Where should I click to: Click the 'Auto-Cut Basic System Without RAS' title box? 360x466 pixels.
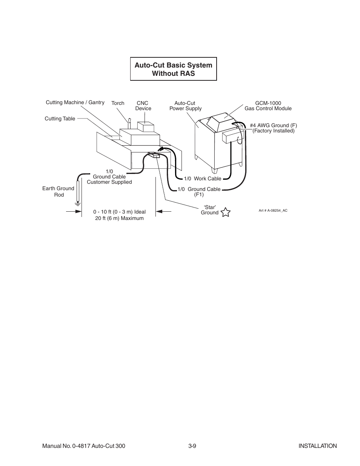pyautogui.click(x=173, y=69)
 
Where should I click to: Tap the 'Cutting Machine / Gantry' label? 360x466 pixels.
pyautogui.click(x=75, y=103)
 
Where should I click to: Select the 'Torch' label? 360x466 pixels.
pyautogui.click(x=118, y=103)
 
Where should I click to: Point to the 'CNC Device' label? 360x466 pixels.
pyautogui.click(x=143, y=106)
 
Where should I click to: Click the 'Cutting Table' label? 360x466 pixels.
pyautogui.click(x=60, y=118)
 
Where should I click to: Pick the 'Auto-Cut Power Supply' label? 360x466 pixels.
pyautogui.click(x=185, y=106)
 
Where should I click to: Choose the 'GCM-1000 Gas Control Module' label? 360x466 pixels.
pyautogui.click(x=268, y=106)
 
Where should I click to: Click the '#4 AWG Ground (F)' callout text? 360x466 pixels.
pyautogui.click(x=273, y=125)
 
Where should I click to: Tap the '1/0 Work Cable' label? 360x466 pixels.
pyautogui.click(x=202, y=178)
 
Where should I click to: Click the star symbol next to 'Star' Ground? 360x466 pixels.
pyautogui.click(x=225, y=212)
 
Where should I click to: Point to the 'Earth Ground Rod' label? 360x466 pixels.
pyautogui.click(x=58, y=191)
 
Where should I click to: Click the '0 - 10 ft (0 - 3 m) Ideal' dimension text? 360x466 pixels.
pyautogui.click(x=119, y=212)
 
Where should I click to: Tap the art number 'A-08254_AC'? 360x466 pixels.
pyautogui.click(x=273, y=211)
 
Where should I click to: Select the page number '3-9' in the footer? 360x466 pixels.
pyautogui.click(x=192, y=446)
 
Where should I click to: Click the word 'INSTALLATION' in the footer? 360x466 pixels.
pyautogui.click(x=317, y=446)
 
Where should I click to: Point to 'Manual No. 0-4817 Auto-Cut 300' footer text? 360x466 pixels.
pyautogui.click(x=83, y=446)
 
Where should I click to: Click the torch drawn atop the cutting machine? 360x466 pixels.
pyautogui.click(x=129, y=123)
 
